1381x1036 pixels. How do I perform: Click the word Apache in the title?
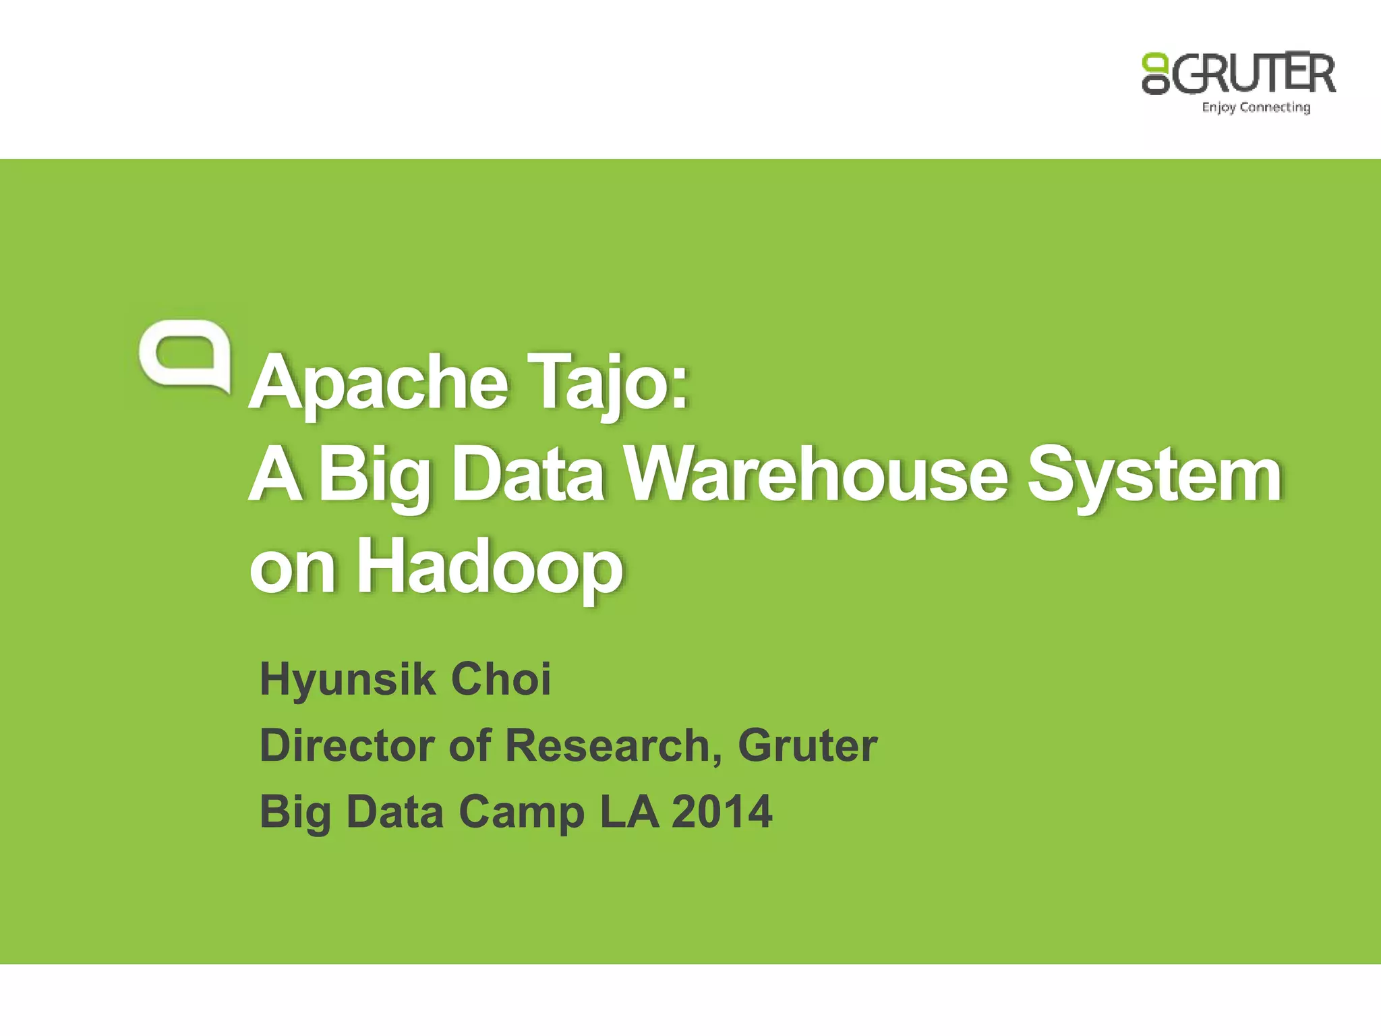point(378,382)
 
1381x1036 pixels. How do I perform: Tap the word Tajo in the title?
point(608,382)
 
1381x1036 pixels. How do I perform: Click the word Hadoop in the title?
point(490,567)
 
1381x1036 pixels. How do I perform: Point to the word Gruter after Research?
point(807,745)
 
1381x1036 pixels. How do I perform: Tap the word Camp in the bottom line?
point(521,811)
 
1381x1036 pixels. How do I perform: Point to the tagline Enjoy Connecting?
point(1256,107)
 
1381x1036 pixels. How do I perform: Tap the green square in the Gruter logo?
point(1154,61)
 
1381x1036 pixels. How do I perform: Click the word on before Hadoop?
point(292,567)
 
